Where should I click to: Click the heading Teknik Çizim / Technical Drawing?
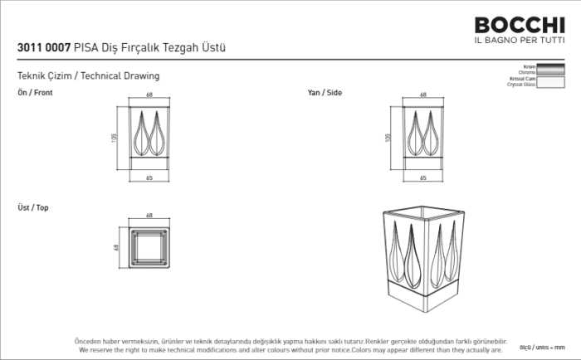point(88,75)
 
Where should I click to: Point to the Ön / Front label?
point(35,93)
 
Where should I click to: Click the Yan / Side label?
point(325,93)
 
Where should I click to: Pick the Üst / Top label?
point(33,207)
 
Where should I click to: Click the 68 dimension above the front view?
point(149,95)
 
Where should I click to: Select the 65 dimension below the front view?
point(149,178)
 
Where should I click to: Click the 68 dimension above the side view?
point(423,95)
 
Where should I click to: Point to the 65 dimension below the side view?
point(423,178)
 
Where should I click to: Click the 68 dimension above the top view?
point(149,216)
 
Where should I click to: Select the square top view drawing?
point(149,247)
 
